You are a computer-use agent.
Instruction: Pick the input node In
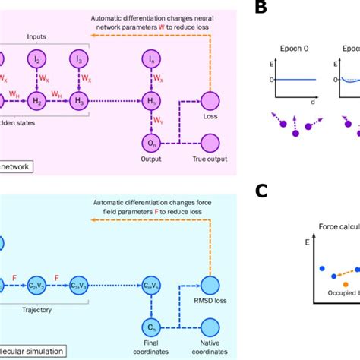[x=151, y=58]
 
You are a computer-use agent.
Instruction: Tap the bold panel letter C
[x=261, y=191]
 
